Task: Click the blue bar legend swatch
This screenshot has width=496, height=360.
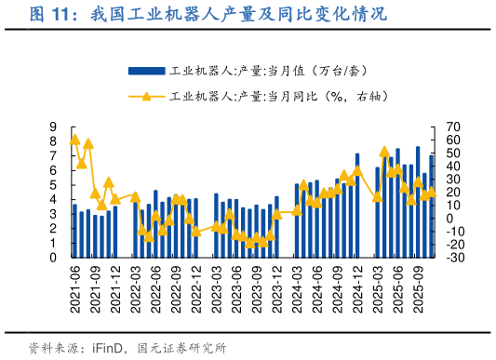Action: (146, 71)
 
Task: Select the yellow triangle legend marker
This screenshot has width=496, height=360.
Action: (146, 95)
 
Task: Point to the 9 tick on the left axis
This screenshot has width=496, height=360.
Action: (54, 127)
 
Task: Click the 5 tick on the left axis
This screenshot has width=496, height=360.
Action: (54, 185)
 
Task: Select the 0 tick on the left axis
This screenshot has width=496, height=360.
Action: (54, 258)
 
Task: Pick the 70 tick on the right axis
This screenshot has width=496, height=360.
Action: (453, 127)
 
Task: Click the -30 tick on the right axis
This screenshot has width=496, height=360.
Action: (453, 258)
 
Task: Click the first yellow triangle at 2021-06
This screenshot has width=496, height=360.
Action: (74, 140)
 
